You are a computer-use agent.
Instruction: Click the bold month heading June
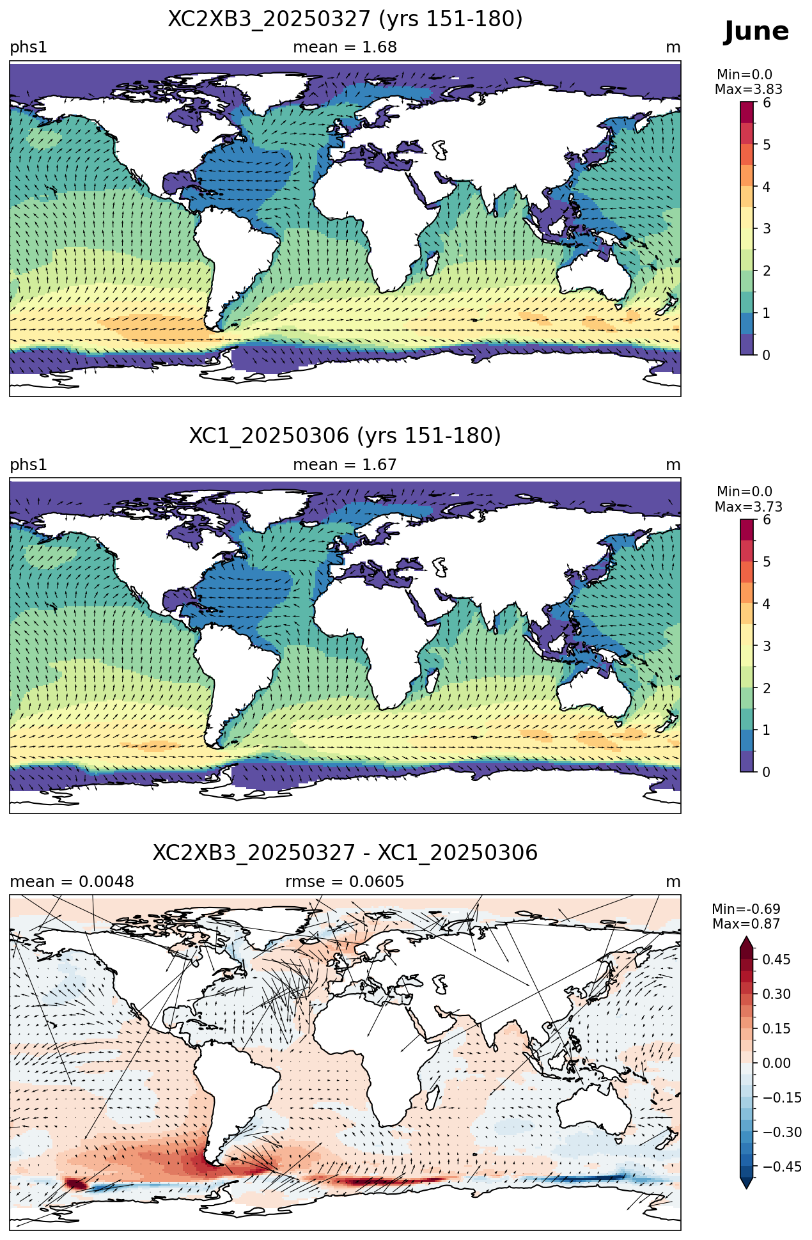(756, 31)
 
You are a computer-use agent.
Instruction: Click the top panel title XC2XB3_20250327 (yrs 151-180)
(345, 19)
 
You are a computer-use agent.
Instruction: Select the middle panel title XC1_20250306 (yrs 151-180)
(345, 436)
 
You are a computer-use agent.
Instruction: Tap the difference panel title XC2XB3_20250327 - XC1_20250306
(345, 853)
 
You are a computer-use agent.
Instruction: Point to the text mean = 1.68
(345, 47)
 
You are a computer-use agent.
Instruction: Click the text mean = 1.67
(345, 465)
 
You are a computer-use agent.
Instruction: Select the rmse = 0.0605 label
(345, 882)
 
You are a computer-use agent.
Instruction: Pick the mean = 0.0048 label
(72, 882)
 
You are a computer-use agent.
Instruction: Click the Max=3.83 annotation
(749, 90)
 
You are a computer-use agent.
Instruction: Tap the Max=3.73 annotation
(749, 507)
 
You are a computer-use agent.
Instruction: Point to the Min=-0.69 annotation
(746, 909)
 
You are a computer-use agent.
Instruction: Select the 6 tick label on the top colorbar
(767, 103)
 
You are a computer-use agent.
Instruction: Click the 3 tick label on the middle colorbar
(767, 646)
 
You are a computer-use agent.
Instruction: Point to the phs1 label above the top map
(29, 48)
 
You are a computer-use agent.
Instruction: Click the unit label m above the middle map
(673, 465)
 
